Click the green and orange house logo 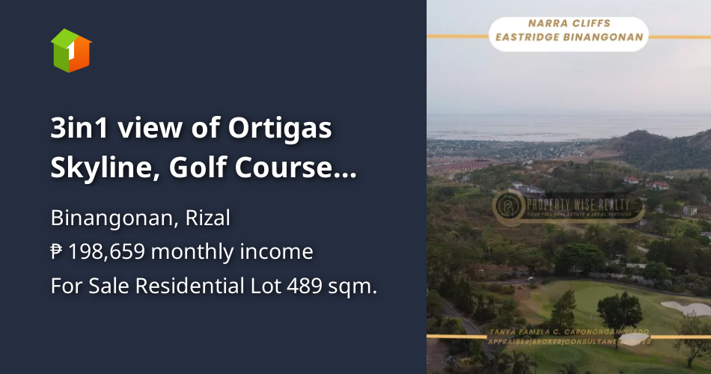pyautogui.click(x=71, y=50)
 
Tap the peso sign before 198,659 pyautogui.click(x=57, y=252)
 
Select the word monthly pyautogui.click(x=192, y=252)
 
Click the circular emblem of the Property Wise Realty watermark pyautogui.click(x=509, y=206)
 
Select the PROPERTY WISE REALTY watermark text pyautogui.click(x=576, y=203)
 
